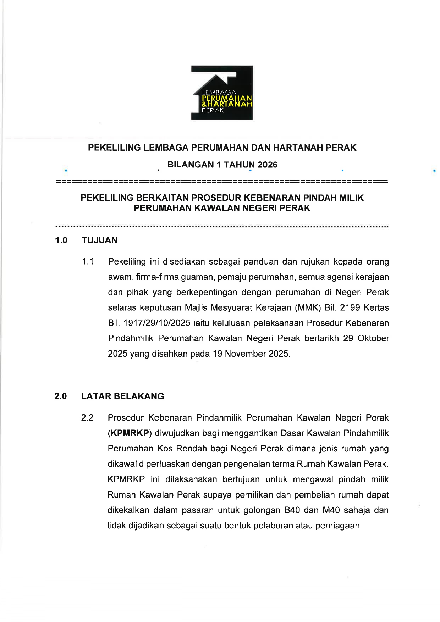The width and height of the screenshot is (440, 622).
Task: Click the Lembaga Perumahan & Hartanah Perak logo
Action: (x=222, y=93)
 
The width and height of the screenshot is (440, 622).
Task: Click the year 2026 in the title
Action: (x=268, y=165)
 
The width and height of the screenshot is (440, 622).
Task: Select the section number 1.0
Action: (x=61, y=240)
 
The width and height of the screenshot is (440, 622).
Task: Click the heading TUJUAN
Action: (x=100, y=240)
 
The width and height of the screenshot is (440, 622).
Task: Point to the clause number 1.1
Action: (x=88, y=262)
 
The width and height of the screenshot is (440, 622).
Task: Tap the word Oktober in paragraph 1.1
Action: (x=373, y=338)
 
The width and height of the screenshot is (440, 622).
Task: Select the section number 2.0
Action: (x=61, y=396)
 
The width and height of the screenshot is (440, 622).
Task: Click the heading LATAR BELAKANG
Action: (x=123, y=396)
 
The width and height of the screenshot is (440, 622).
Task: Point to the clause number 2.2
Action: (x=87, y=418)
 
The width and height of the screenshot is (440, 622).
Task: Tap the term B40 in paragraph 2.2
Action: (x=292, y=510)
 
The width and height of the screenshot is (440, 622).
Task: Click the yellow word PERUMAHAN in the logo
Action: (x=227, y=98)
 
